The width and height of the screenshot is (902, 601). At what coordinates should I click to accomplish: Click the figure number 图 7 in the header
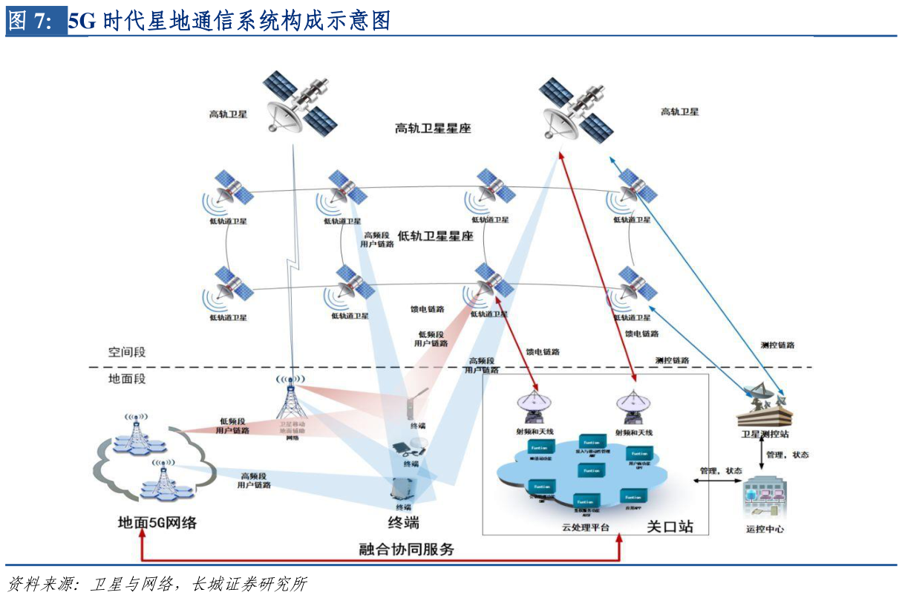pyautogui.click(x=30, y=21)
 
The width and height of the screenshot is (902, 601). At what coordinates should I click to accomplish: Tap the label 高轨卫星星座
pyautogui.click(x=433, y=129)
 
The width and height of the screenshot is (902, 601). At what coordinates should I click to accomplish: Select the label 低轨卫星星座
pyautogui.click(x=436, y=236)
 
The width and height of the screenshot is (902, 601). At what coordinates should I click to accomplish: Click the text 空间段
pyautogui.click(x=127, y=351)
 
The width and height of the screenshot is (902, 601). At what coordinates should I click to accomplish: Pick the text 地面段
pyautogui.click(x=127, y=379)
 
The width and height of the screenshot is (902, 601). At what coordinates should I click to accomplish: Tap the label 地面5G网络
pyautogui.click(x=157, y=522)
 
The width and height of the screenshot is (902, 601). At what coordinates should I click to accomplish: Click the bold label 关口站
pyautogui.click(x=670, y=526)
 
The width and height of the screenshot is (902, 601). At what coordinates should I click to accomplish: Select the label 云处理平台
pyautogui.click(x=585, y=527)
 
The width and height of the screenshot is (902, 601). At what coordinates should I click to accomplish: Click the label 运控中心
pyautogui.click(x=765, y=529)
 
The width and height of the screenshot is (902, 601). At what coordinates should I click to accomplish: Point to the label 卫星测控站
pyautogui.click(x=764, y=433)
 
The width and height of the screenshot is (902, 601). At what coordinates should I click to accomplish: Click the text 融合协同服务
pyautogui.click(x=406, y=550)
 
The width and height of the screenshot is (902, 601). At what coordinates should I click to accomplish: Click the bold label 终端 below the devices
pyautogui.click(x=403, y=522)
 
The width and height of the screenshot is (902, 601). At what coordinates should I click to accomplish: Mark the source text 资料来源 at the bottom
pyautogui.click(x=41, y=584)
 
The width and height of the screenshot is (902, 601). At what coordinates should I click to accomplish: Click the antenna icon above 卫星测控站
pyautogui.click(x=764, y=405)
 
